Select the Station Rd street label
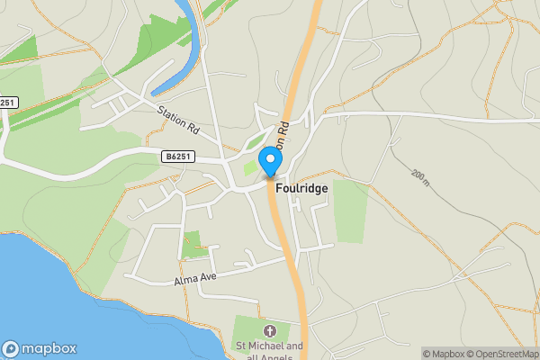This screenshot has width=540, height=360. (177, 124)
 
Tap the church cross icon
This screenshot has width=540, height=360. (268, 331)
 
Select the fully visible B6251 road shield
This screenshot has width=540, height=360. (178, 156)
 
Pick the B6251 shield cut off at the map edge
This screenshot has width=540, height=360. (8, 103)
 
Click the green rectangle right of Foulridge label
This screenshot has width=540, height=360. (350, 211)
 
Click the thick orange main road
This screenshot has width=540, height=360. (292, 261)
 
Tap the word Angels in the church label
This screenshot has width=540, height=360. (276, 357)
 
